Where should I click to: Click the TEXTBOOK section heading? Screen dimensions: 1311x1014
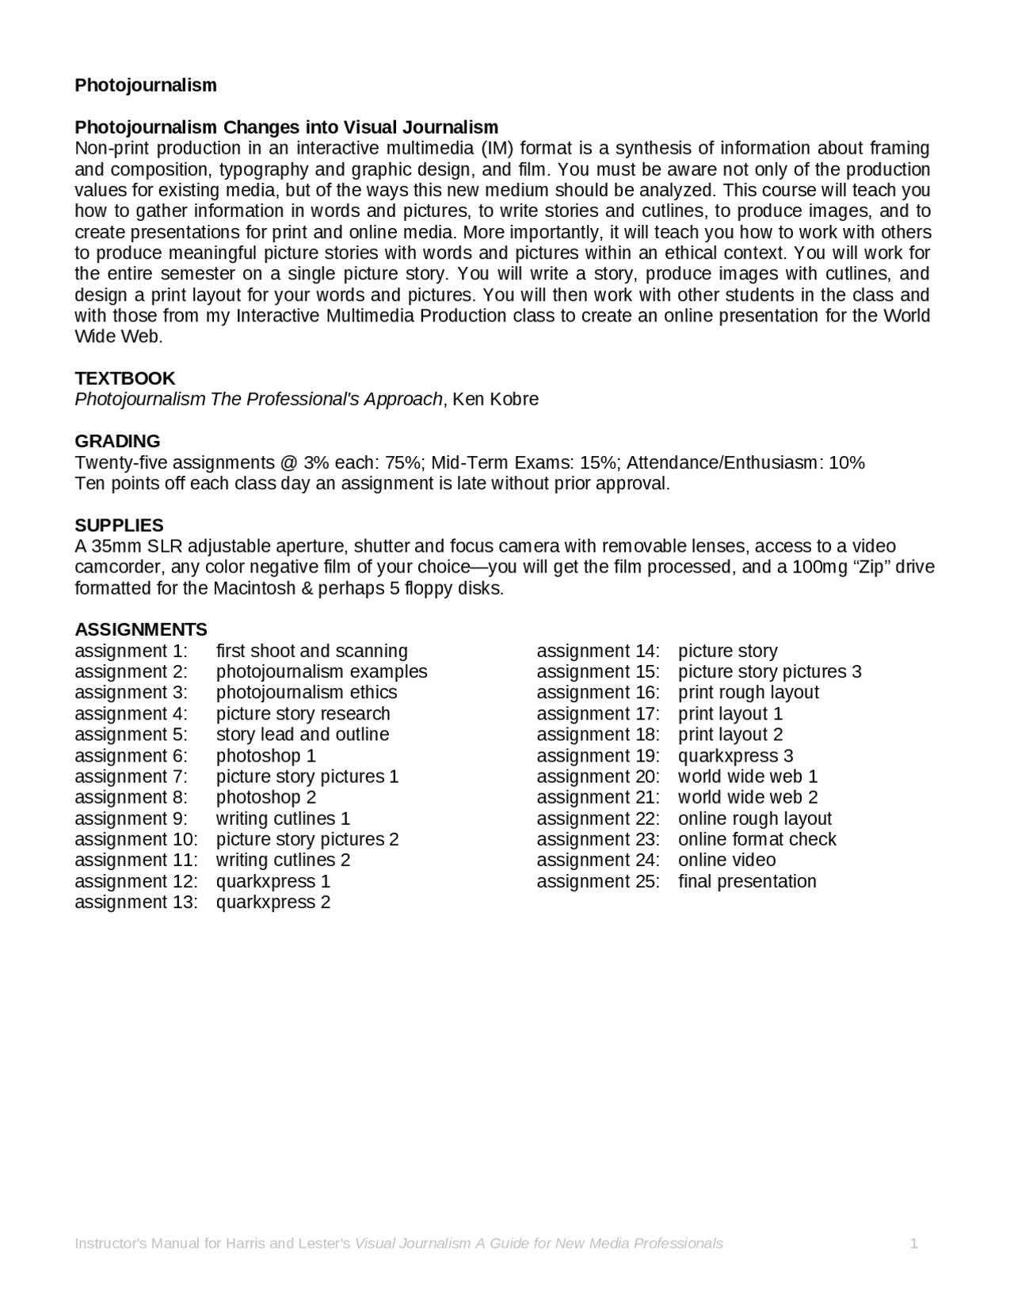point(124,378)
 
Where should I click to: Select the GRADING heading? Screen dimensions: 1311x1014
point(117,441)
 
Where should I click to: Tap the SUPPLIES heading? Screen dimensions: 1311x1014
point(119,526)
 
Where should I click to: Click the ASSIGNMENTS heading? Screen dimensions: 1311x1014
point(141,629)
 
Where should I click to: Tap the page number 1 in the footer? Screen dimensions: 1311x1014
point(913,1244)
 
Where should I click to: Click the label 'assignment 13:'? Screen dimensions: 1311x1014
point(136,902)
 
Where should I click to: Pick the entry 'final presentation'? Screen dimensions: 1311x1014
point(747,881)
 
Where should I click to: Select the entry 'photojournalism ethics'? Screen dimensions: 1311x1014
point(307,693)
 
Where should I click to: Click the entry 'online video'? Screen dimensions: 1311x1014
point(726,861)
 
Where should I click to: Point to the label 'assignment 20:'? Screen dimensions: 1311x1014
point(598,777)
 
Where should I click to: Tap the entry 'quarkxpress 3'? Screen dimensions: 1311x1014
point(735,756)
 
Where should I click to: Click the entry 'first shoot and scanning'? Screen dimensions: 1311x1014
point(311,651)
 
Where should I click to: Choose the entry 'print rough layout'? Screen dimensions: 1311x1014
point(748,693)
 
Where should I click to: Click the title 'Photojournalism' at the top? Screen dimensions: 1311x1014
point(146,85)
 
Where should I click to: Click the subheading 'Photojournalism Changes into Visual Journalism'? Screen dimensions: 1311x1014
point(286,127)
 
